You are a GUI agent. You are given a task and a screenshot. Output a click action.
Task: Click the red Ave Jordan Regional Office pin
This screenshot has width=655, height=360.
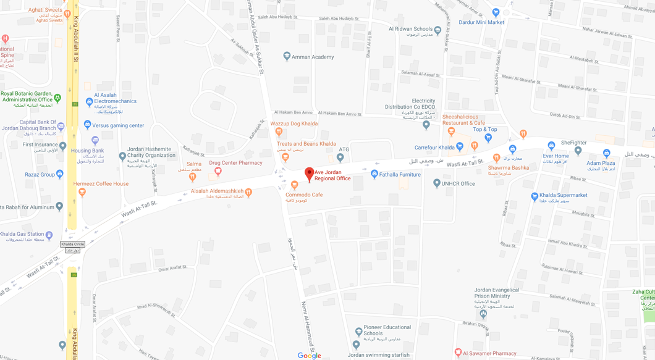click(310, 174)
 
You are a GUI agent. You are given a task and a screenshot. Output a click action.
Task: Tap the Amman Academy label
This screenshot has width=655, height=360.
click(313, 57)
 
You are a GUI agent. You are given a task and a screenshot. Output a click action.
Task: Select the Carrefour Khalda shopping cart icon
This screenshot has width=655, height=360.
click(459, 147)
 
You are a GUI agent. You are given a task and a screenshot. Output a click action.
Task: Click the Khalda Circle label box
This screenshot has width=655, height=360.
click(72, 244)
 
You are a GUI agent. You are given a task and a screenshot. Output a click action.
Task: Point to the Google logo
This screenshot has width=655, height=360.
click(309, 356)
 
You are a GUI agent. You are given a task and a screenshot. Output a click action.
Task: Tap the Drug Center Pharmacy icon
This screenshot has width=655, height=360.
click(218, 171)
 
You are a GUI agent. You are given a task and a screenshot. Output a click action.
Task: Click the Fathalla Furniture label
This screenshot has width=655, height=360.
click(400, 175)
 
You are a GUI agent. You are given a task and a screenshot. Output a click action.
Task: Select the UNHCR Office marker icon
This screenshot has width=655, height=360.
click(437, 183)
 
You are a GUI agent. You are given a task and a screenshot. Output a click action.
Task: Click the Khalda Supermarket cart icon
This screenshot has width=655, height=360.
click(535, 196)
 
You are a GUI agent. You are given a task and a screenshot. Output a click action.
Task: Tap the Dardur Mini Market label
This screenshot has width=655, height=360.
click(481, 22)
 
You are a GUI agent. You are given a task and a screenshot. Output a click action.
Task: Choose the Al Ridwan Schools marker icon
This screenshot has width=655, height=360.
click(437, 30)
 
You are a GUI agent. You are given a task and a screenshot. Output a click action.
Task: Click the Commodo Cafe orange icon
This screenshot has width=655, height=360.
click(294, 185)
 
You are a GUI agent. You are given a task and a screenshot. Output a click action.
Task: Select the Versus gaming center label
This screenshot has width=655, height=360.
click(118, 125)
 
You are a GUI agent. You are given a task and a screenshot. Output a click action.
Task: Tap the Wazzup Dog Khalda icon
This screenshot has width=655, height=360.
click(279, 132)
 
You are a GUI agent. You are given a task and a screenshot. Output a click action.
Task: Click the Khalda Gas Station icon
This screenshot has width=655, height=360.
click(49, 235)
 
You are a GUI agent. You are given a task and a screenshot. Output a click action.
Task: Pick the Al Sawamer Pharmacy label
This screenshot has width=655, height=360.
click(489, 354)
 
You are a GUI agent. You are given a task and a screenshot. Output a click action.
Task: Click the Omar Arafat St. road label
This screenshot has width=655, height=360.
click(172, 269)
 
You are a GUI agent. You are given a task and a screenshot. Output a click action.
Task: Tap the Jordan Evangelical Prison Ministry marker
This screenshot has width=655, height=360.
click(483, 314)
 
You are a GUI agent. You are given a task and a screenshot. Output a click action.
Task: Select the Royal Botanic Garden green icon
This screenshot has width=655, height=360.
click(57, 98)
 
